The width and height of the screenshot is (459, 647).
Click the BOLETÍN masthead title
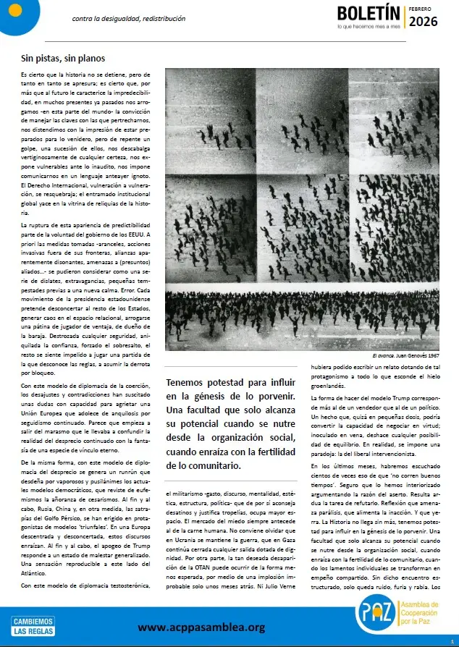coord(368,14)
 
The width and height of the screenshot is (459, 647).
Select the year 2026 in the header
coord(424,22)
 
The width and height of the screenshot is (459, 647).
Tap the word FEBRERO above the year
coord(420,8)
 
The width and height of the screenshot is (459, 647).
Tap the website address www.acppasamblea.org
coord(201,627)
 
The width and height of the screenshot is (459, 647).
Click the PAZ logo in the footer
coord(374,616)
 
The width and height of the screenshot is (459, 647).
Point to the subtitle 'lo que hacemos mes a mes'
coord(368,28)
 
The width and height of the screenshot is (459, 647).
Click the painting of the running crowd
coord(302,209)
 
